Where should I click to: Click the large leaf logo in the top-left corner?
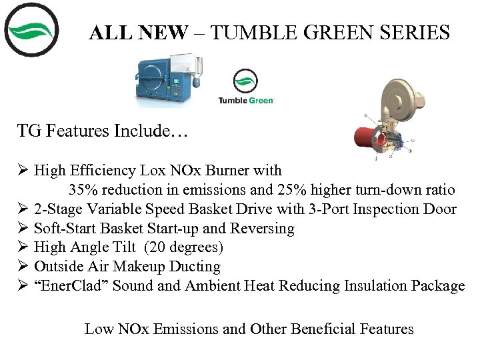coord(31,29)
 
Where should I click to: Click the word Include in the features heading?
coord(151,131)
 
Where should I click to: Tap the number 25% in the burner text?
coord(288,190)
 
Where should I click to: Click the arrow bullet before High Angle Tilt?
coord(22,247)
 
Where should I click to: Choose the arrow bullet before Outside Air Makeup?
coord(22,267)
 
